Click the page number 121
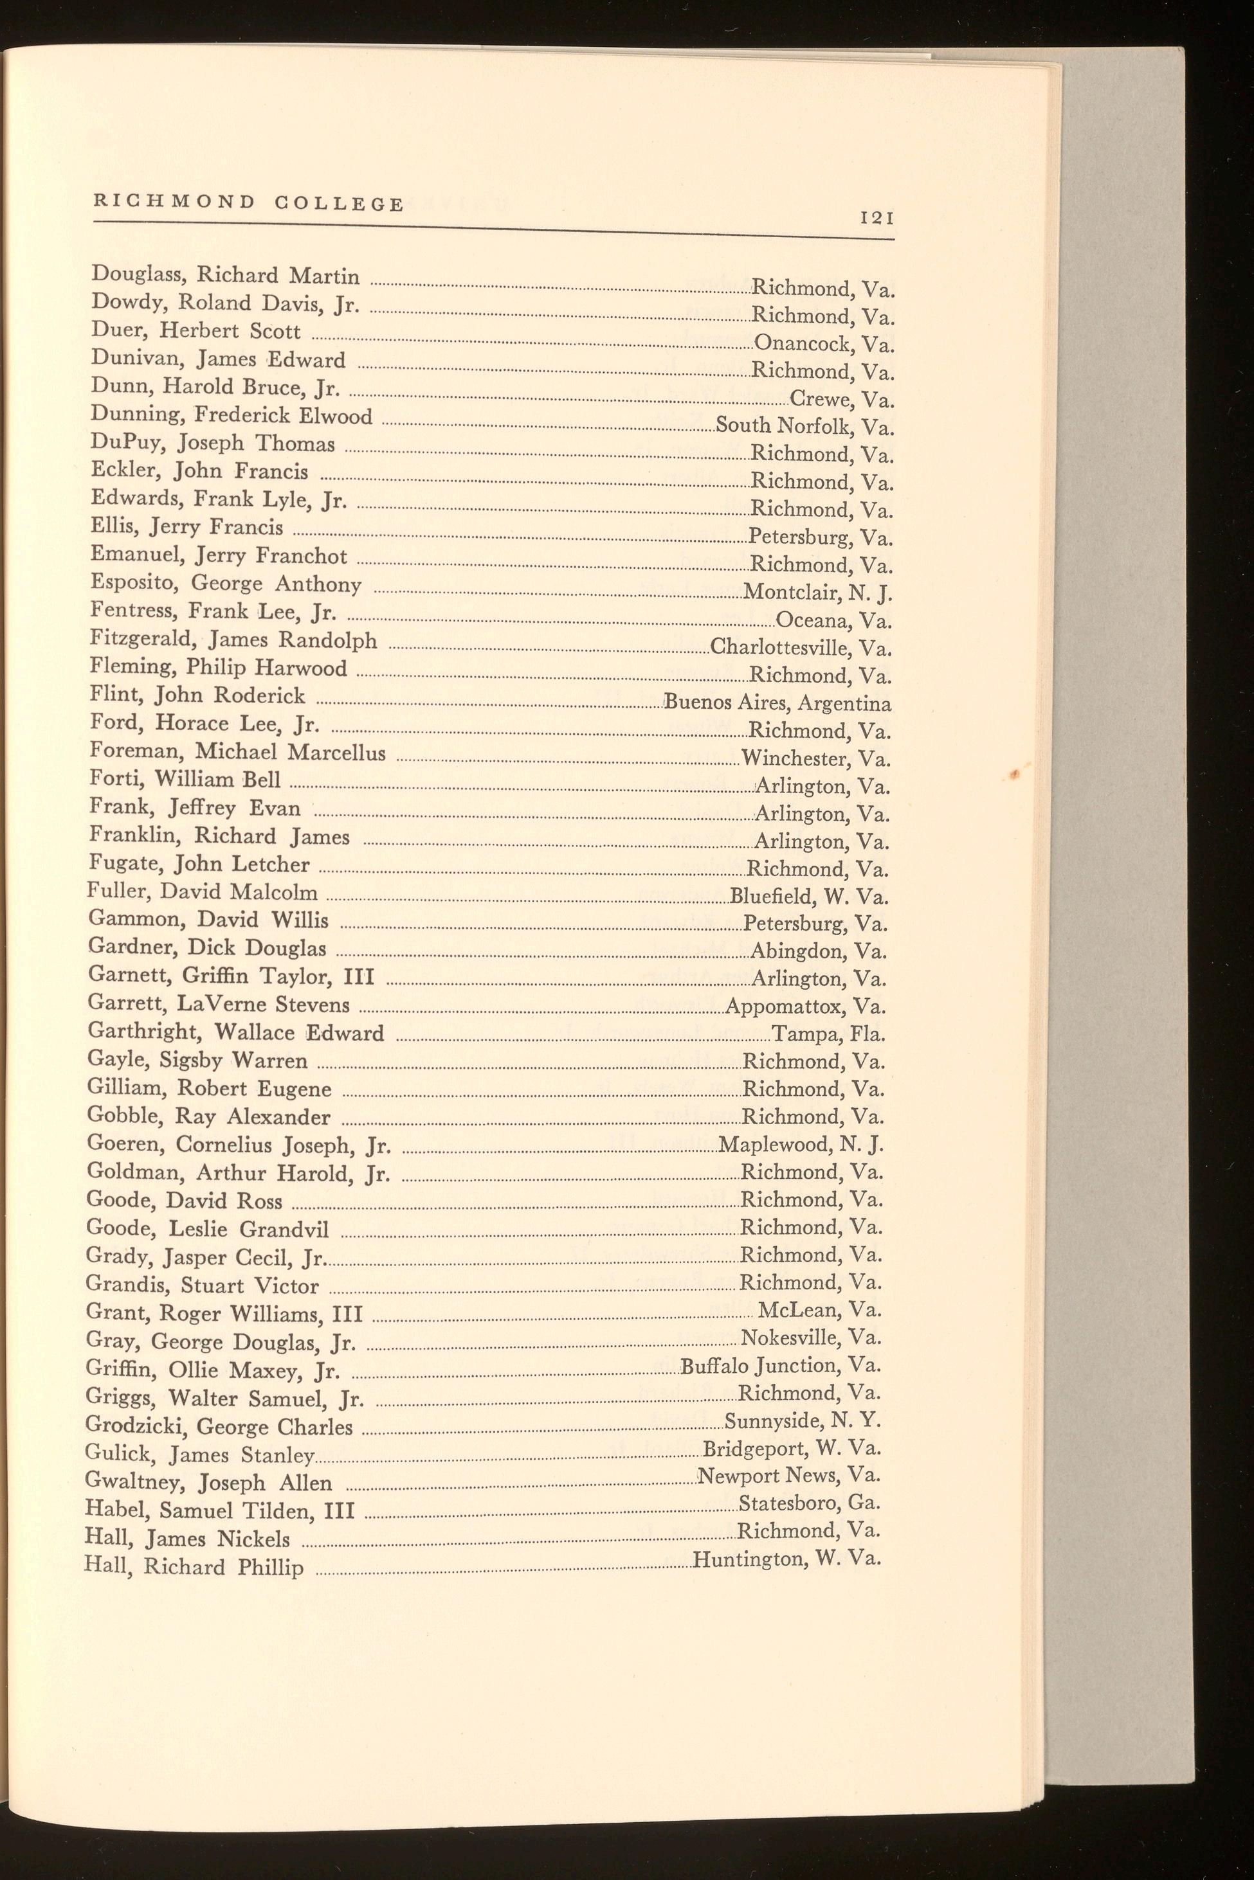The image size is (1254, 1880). pyautogui.click(x=877, y=217)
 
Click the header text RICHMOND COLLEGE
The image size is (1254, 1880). pyautogui.click(x=249, y=203)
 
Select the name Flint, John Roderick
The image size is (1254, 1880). pyautogui.click(x=197, y=696)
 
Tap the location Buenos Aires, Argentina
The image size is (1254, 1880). pyautogui.click(x=778, y=703)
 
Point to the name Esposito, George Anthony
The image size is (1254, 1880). pyautogui.click(x=226, y=584)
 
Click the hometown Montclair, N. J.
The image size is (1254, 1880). pyautogui.click(x=817, y=593)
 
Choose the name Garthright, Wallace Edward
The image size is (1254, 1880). pyautogui.click(x=236, y=1033)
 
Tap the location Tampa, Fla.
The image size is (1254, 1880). pyautogui.click(x=828, y=1034)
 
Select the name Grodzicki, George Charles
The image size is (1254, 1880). pyautogui.click(x=219, y=1427)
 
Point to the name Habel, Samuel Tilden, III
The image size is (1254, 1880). pyautogui.click(x=219, y=1510)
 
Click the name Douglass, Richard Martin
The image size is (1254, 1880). pyautogui.click(x=226, y=276)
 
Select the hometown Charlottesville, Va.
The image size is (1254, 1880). pyautogui.click(x=801, y=647)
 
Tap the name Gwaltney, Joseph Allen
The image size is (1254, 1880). pyautogui.click(x=208, y=1483)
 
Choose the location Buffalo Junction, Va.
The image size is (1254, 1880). pyautogui.click(x=781, y=1366)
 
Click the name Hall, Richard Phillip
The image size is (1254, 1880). pyautogui.click(x=194, y=1567)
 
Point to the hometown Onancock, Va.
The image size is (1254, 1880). pyautogui.click(x=824, y=344)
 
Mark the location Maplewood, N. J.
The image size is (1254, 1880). pyautogui.click(x=801, y=1145)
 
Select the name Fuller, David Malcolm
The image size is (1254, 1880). pyautogui.click(x=203, y=892)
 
